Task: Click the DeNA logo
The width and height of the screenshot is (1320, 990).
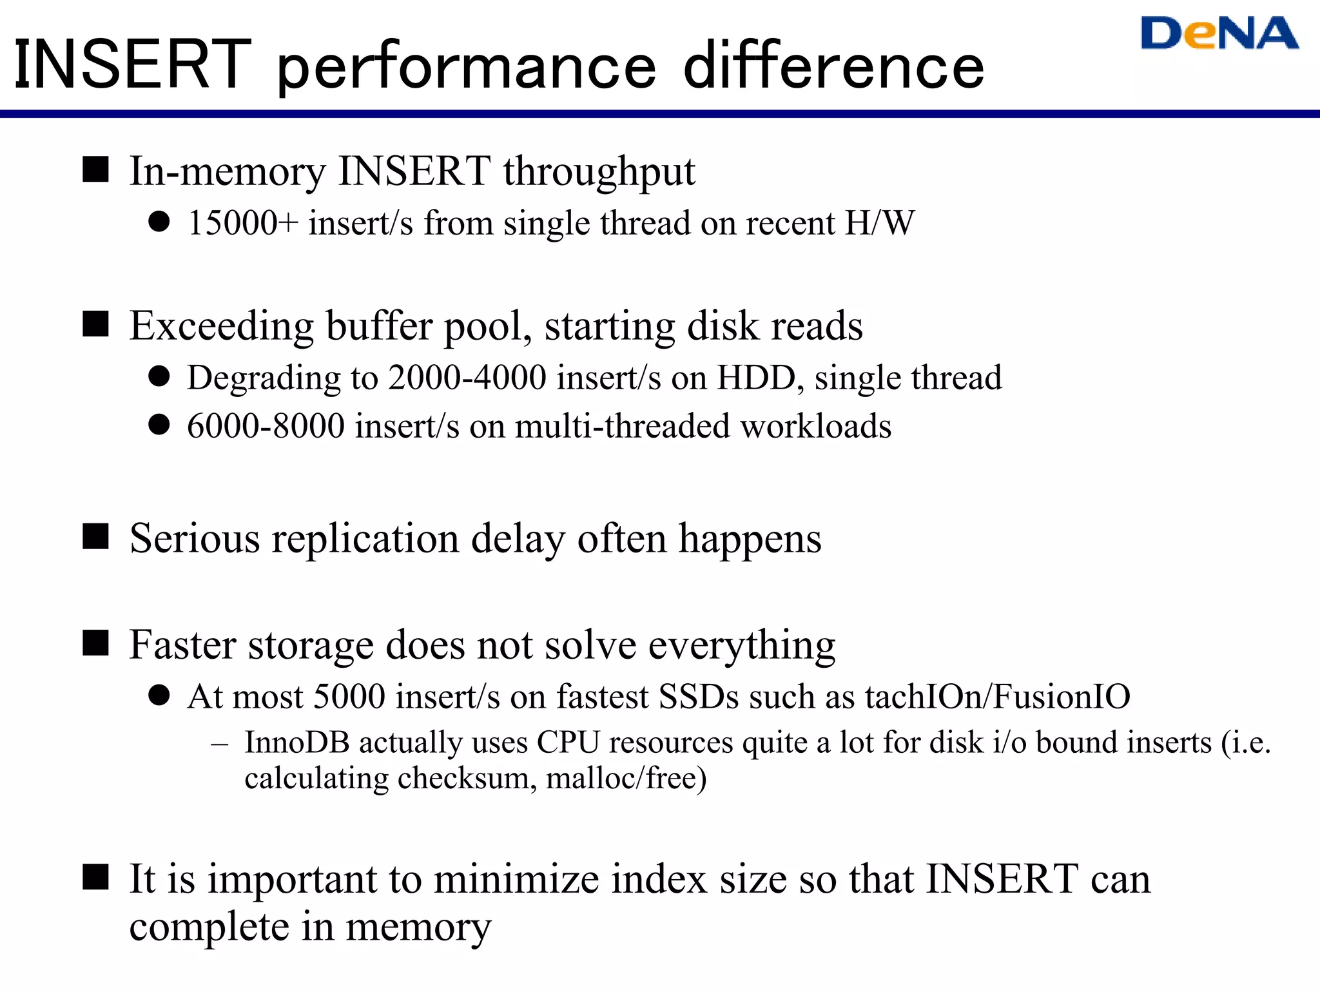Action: tap(1219, 34)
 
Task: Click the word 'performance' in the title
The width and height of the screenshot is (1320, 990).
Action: tap(467, 66)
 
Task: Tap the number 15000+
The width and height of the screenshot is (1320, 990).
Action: tap(242, 224)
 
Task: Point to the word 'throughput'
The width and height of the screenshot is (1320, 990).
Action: tap(599, 173)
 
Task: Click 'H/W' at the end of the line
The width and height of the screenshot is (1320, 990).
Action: tap(880, 224)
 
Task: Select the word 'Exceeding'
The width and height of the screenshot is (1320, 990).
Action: tap(222, 327)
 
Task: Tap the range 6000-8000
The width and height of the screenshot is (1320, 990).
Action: tap(266, 427)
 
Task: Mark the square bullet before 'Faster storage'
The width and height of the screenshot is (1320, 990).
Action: tap(95, 643)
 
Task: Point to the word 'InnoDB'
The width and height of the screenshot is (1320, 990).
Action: tap(297, 742)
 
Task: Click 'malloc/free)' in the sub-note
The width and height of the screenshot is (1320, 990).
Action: tap(626, 779)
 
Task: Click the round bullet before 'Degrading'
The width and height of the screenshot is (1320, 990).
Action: tap(159, 376)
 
